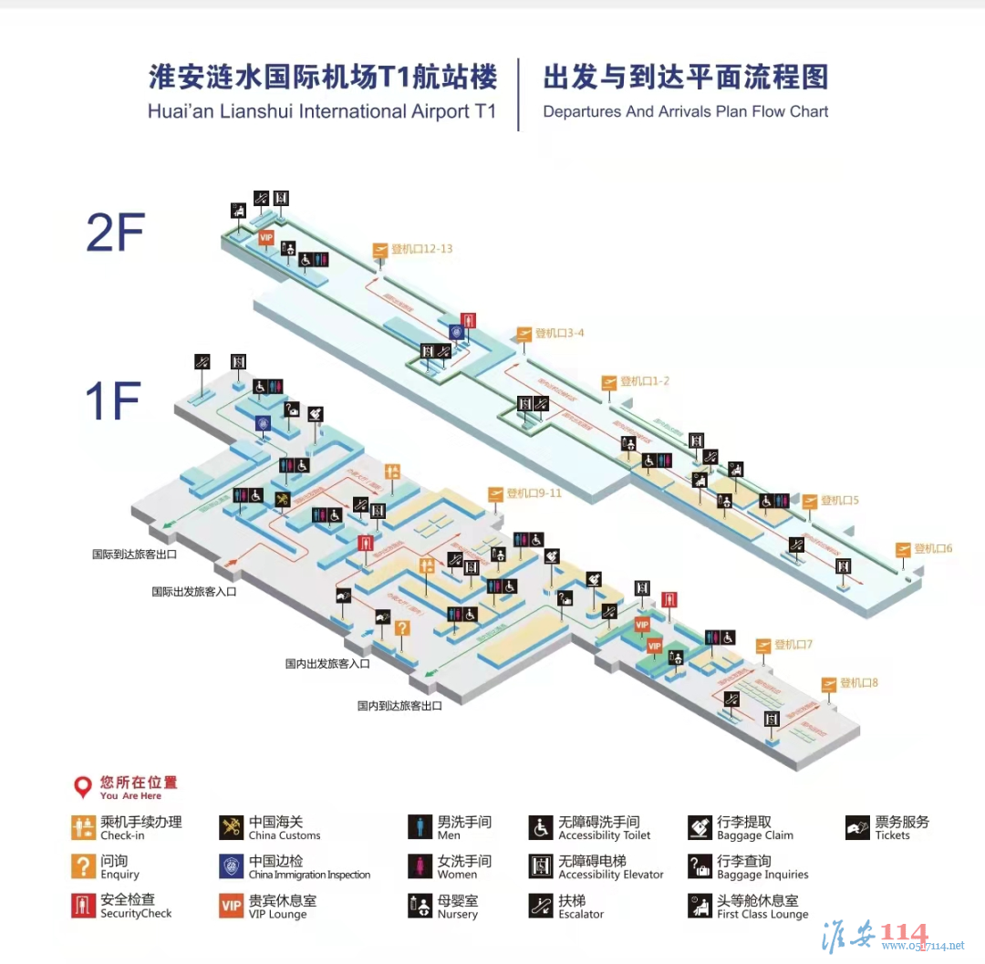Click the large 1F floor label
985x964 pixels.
click(x=112, y=401)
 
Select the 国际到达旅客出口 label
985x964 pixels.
click(x=134, y=554)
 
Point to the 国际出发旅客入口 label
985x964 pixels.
click(x=193, y=592)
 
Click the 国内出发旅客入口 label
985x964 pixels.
click(x=327, y=664)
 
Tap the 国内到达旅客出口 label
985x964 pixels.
click(x=399, y=706)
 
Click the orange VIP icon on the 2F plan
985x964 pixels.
click(x=266, y=238)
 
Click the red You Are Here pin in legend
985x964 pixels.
click(x=83, y=786)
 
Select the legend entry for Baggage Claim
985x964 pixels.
click(x=741, y=828)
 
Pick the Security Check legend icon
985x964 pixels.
click(x=83, y=906)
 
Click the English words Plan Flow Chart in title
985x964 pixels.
click(x=767, y=112)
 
